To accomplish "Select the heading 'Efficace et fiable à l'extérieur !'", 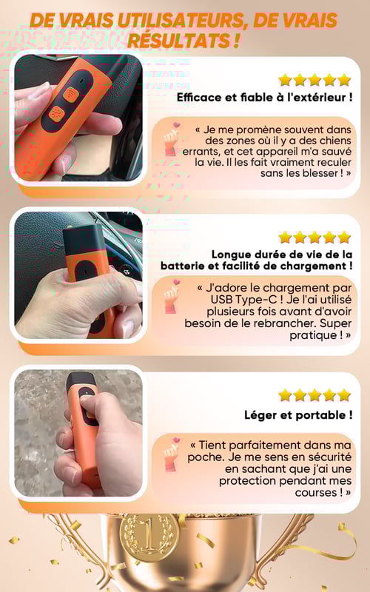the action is coord(265,98).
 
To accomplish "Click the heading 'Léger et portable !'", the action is coord(298,415).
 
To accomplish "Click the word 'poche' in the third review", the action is coord(206,457).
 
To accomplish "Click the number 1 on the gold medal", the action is coord(149,534).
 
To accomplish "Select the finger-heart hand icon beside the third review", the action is coord(172,454).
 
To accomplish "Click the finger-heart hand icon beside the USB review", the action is coord(172,297).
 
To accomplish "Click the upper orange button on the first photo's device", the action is coord(70,94).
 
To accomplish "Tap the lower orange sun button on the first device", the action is coord(58,113).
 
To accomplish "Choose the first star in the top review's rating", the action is coord(285,80).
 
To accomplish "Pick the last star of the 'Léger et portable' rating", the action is coord(344,395).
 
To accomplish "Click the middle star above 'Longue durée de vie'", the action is coord(314,238).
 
